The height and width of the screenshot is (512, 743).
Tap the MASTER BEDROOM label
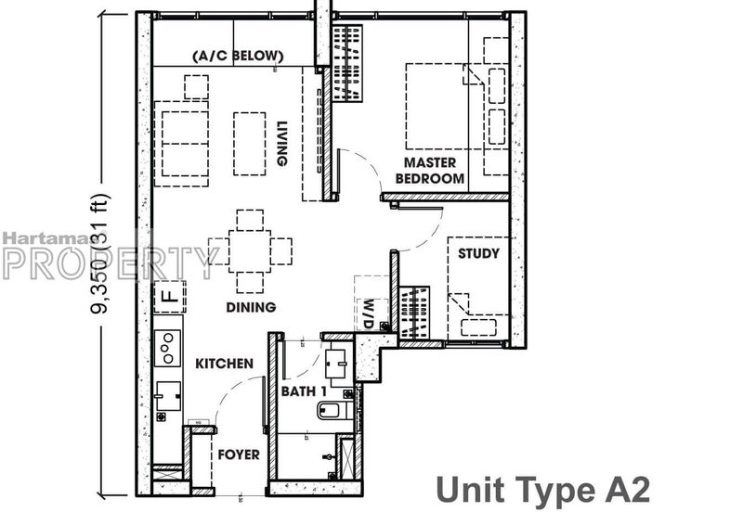(429, 171)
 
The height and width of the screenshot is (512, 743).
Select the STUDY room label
(478, 253)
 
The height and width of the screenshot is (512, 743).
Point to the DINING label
(250, 307)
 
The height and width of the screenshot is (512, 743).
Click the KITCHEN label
(224, 364)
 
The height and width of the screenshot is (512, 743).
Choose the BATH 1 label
(304, 391)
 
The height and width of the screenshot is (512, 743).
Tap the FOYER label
(238, 455)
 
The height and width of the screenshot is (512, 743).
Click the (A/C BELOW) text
(237, 57)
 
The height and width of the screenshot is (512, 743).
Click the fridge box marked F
(169, 297)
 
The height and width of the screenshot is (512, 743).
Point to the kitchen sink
(167, 396)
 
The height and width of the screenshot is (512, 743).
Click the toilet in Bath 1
(332, 409)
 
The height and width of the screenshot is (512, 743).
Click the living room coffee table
(250, 144)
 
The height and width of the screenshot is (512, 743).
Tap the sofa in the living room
(185, 144)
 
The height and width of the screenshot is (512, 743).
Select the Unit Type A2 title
(542, 487)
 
